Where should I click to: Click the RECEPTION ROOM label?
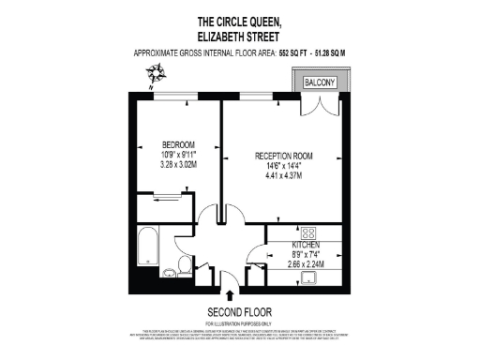coord(284,155)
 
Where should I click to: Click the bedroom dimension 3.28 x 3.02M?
coord(179,165)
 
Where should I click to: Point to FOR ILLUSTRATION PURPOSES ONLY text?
coord(239,322)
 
